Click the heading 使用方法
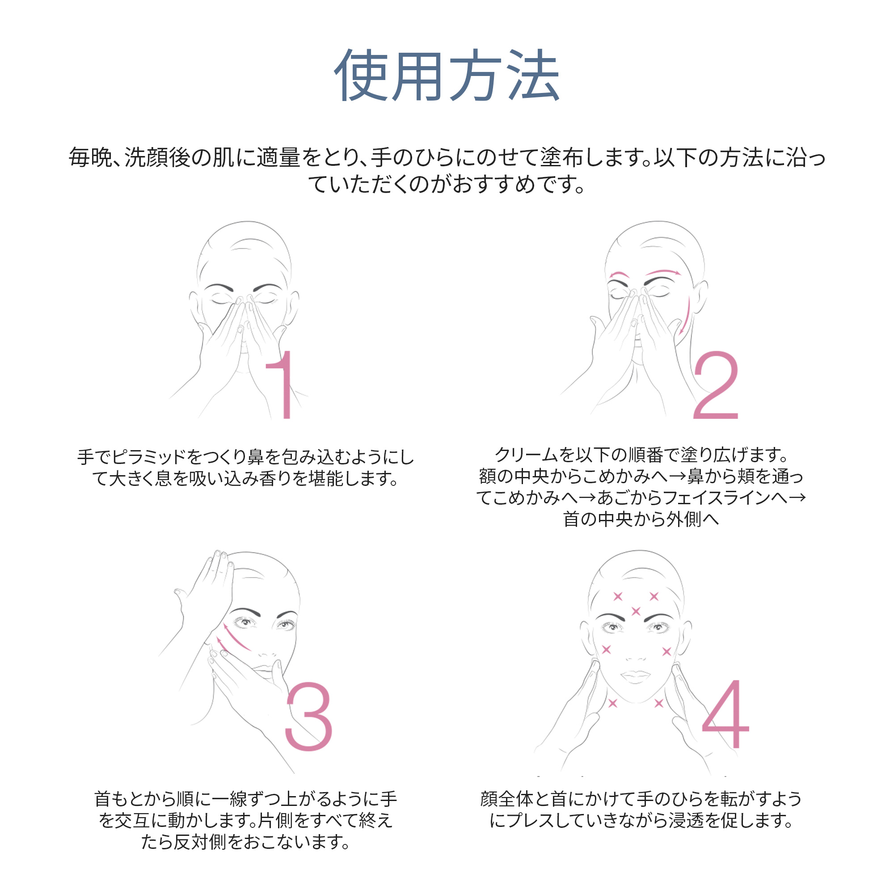tap(447, 76)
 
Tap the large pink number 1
tap(283, 384)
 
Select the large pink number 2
tap(715, 385)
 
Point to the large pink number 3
tap(308, 716)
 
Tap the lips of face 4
tap(636, 676)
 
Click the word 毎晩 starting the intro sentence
tap(90, 157)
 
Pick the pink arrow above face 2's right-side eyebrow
tap(663, 272)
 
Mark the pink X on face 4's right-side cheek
tap(666, 652)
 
